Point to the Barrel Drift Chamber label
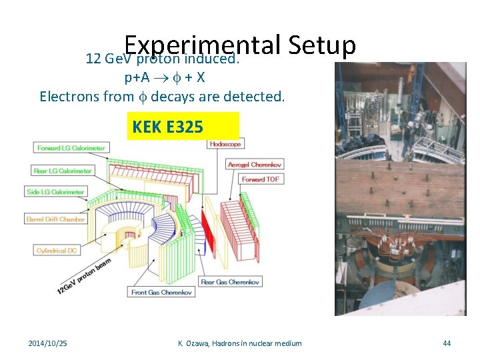point(56,219)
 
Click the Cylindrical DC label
point(58,250)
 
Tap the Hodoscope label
point(225,144)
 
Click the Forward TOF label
point(260,179)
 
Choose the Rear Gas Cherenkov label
point(231,282)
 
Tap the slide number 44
point(447,343)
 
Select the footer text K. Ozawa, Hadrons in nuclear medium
point(240,343)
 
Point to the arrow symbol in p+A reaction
point(162,77)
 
